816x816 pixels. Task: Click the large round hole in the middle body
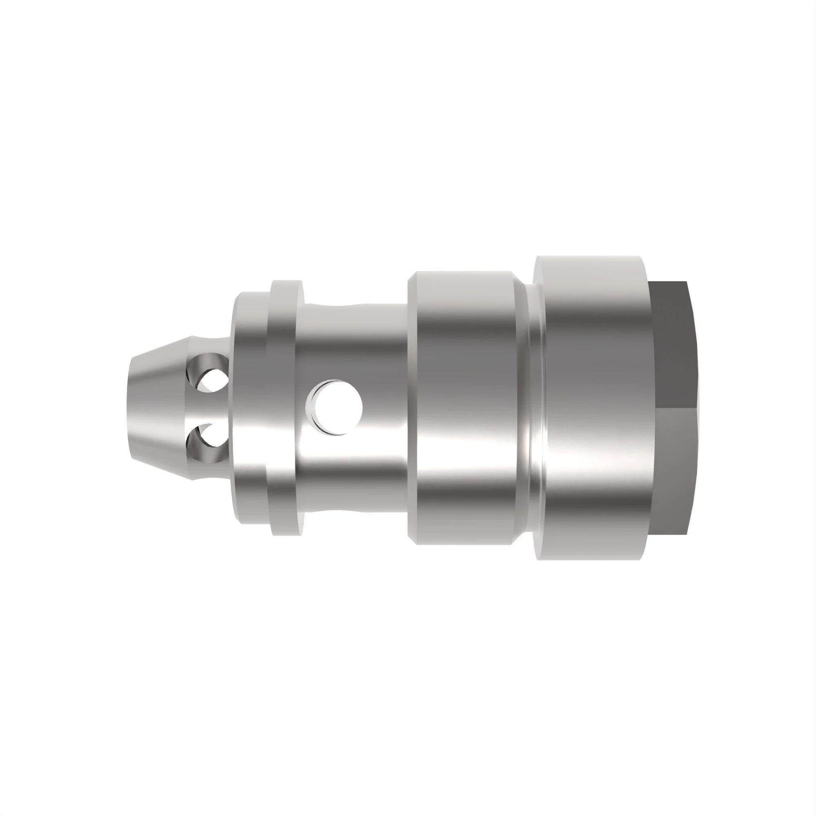pos(336,407)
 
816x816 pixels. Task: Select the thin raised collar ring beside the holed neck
pos(287,408)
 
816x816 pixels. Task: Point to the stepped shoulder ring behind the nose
pos(250,408)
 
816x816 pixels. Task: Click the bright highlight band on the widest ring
pos(591,448)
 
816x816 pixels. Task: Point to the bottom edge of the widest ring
pos(591,559)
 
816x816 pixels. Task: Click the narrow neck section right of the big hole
pos(384,408)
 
